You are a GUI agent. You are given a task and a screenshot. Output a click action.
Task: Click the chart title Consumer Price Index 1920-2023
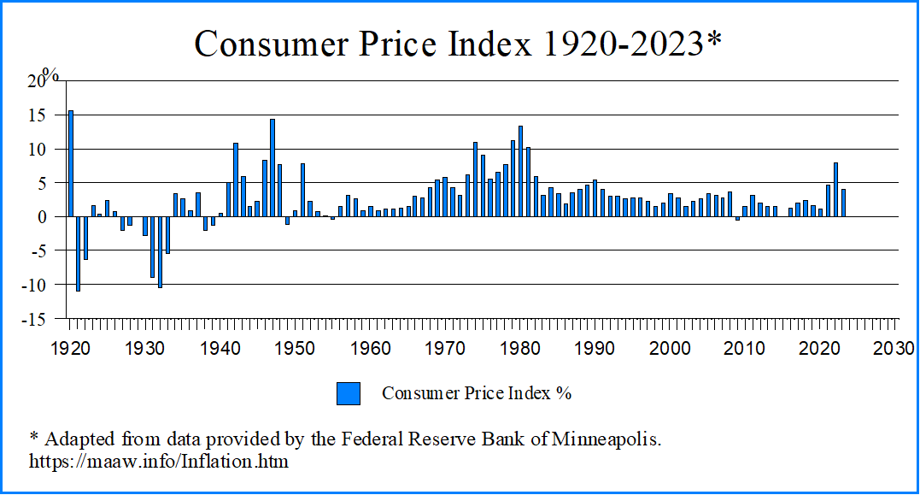click(458, 44)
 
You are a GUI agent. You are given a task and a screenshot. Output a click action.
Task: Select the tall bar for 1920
click(71, 163)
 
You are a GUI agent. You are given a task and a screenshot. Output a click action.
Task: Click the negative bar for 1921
click(79, 254)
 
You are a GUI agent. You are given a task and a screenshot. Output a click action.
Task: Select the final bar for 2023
click(843, 203)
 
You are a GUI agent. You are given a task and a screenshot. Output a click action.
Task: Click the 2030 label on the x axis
click(896, 349)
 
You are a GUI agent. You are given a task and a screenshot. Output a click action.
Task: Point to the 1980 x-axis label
click(520, 349)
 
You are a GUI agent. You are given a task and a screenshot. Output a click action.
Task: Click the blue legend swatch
click(348, 393)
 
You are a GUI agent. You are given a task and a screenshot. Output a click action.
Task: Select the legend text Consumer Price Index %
click(476, 393)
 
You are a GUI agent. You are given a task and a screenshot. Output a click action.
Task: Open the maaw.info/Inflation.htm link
click(159, 462)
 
